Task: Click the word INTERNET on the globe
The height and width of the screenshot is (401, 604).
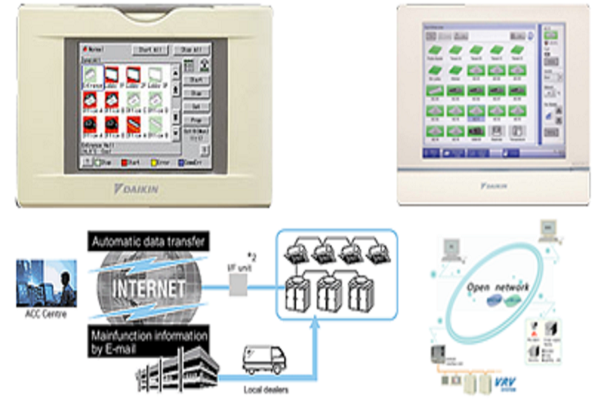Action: coord(148,289)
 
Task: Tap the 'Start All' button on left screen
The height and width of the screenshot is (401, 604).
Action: coord(149,49)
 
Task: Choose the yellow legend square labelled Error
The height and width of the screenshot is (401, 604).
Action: coord(154,161)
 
